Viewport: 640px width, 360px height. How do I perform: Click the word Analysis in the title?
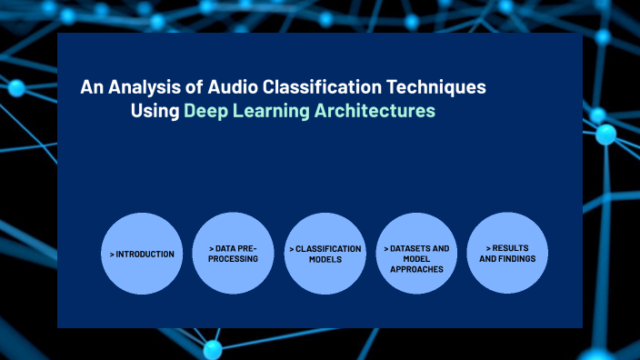pos(141,87)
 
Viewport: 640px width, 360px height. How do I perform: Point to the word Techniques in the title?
pos(440,87)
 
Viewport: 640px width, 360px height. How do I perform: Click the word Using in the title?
pos(155,112)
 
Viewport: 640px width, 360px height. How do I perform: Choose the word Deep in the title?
pos(205,112)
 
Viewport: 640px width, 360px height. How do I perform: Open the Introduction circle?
pos(142,254)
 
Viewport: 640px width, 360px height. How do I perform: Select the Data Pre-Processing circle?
pos(234,254)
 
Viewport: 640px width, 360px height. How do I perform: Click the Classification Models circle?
pos(325,254)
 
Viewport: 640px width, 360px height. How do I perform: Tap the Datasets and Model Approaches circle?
pos(416,254)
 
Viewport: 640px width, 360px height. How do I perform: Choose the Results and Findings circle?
pos(507,254)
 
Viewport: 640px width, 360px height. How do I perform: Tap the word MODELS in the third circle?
pos(325,259)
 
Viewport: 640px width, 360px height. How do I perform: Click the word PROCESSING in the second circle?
pos(234,259)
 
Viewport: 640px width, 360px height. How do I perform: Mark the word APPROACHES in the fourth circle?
pos(416,269)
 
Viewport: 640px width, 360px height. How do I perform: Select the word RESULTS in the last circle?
pos(510,248)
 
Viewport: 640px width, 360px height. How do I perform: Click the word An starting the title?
pos(91,87)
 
